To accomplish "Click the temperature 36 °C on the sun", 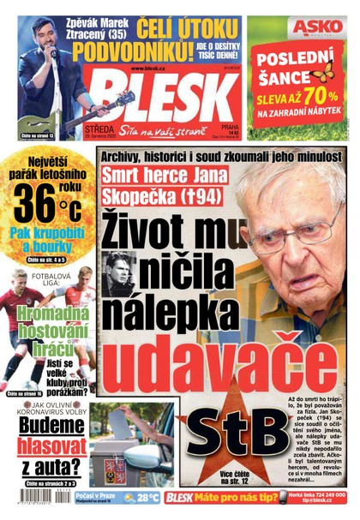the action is (x=47, y=205).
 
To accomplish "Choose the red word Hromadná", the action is (x=49, y=314).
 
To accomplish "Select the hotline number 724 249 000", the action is (x=325, y=494).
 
